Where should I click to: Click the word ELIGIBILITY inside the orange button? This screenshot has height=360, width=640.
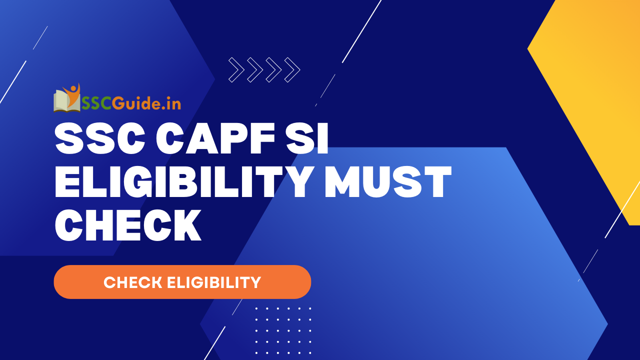pyautogui.click(x=214, y=282)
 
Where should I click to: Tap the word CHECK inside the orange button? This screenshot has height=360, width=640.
pyautogui.click(x=133, y=282)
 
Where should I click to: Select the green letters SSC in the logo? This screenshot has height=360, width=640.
pyautogui.click(x=96, y=103)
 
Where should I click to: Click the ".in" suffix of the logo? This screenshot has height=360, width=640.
pyautogui.click(x=170, y=103)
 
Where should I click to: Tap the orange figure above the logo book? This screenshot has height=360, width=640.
pyautogui.click(x=74, y=91)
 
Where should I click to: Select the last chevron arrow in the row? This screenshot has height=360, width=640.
pyautogui.click(x=292, y=70)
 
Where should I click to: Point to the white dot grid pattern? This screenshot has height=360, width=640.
pyautogui.click(x=283, y=330)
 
